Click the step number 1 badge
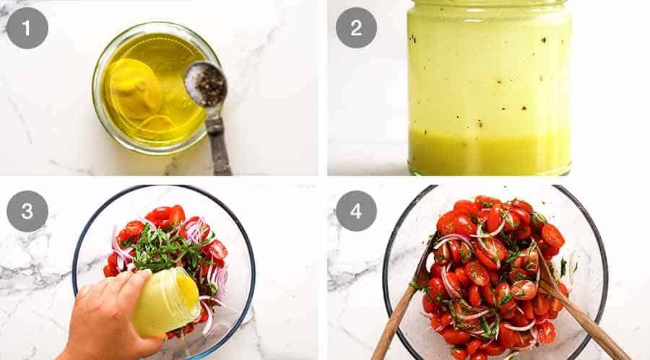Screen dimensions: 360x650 tap(27, 27)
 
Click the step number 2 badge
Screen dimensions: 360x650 tap(356, 27)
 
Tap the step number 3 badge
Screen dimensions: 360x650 tap(27, 211)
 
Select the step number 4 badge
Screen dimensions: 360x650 tap(356, 211)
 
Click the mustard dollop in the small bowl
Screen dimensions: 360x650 tap(135, 90)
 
